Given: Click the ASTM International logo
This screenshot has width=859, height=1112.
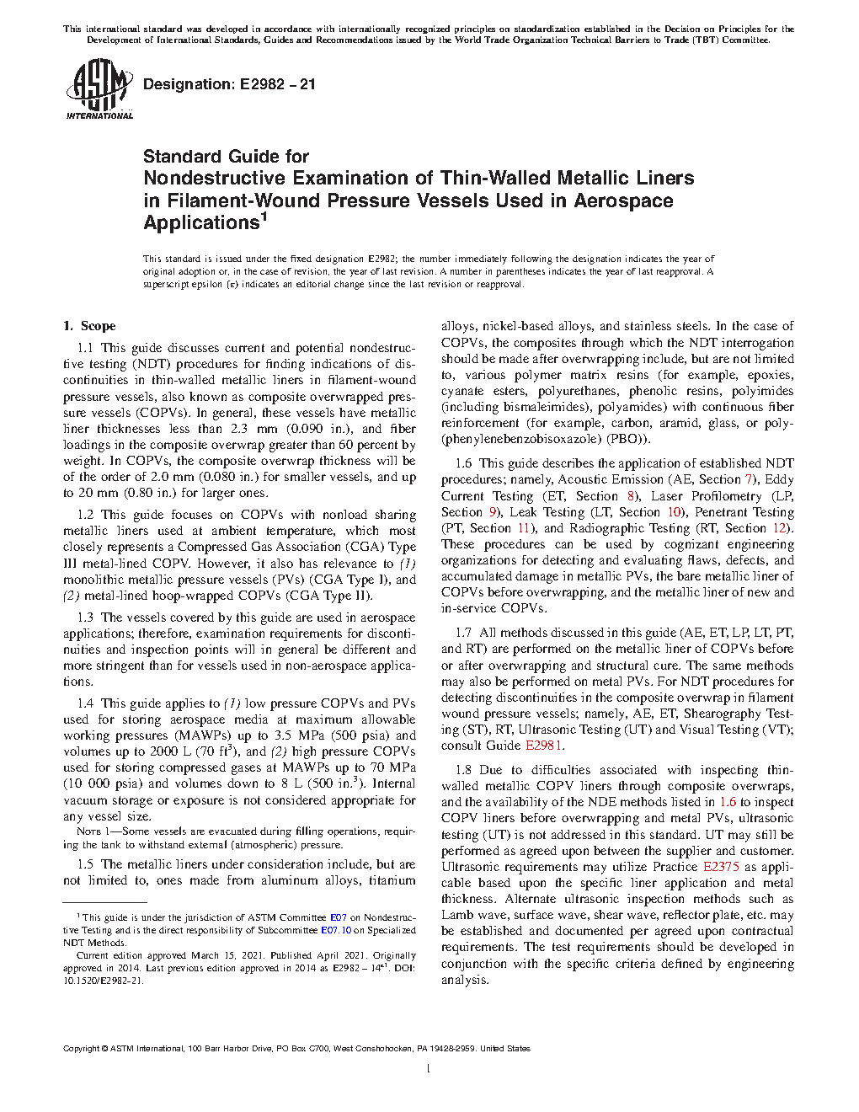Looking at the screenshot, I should (99, 90).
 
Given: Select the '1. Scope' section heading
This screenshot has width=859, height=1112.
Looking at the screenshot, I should (89, 326).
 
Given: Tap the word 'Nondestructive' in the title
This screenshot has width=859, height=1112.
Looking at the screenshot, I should (214, 178).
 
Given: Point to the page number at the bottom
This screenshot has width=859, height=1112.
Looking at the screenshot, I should (429, 1070).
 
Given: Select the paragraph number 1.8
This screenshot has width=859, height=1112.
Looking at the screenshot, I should (463, 770).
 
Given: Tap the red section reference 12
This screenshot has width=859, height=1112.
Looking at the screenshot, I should (781, 528).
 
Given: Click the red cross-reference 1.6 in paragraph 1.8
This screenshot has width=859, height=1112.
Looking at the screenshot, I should (728, 802).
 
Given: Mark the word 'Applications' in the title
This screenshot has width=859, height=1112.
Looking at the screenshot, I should (200, 223).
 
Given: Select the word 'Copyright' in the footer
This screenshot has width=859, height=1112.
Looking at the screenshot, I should (81, 1049).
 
